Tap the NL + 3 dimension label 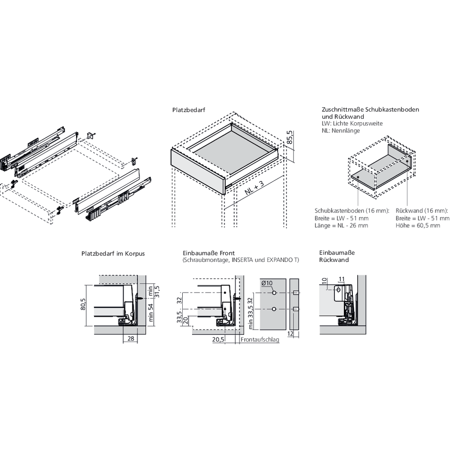coord(255,185)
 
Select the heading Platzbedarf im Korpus coord(113,253)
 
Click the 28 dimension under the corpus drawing coord(130,339)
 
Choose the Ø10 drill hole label coord(267,283)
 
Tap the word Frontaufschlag coord(260,340)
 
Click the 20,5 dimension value coord(219,340)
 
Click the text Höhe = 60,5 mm coord(418,225)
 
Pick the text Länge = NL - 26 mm coord(341,225)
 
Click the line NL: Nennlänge coord(341,130)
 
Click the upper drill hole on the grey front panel coord(274,293)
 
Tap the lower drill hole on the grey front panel coord(274,309)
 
